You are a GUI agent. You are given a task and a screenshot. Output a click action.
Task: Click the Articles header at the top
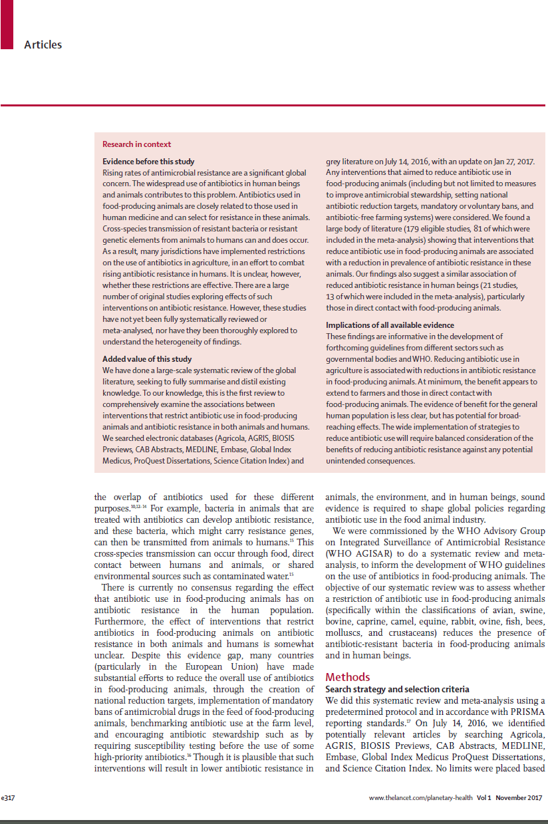coord(43,45)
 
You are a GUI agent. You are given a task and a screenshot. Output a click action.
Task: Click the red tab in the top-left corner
coord(7,24)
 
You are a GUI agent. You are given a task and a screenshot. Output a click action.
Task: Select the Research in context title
coord(136,144)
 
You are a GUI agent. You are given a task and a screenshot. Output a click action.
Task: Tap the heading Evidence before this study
coord(148,162)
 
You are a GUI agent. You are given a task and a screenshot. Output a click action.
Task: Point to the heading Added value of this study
coord(146,359)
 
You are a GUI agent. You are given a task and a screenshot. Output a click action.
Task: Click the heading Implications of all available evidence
coord(390,325)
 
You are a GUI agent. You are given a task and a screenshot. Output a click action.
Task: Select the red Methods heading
coord(347,678)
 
